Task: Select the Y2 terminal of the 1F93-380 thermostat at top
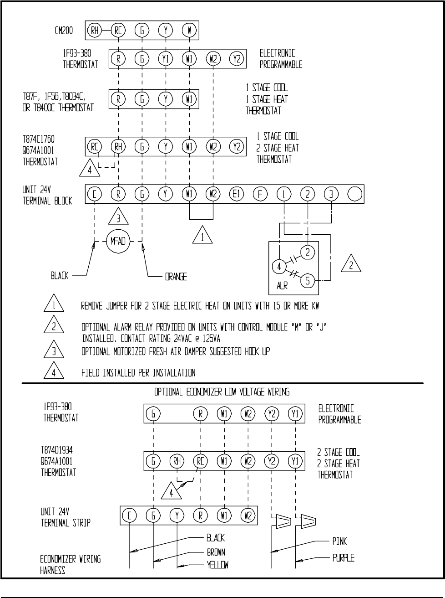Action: [236, 58]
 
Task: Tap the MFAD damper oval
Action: [118, 241]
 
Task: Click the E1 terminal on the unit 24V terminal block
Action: [236, 194]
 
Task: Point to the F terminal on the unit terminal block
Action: [260, 194]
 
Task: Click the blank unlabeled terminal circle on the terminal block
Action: [355, 194]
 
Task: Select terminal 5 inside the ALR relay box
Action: [307, 280]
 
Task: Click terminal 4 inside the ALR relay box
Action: [278, 267]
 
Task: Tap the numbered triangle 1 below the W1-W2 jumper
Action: [202, 236]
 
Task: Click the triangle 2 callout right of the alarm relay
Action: [350, 264]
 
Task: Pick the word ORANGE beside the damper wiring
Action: [176, 276]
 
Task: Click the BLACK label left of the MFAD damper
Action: [60, 276]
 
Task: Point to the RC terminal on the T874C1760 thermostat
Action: [94, 146]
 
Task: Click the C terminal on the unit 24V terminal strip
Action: [130, 516]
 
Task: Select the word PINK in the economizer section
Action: [339, 541]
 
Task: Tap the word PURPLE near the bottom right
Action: [343, 557]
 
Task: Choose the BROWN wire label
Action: [216, 552]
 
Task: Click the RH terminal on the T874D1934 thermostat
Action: [177, 461]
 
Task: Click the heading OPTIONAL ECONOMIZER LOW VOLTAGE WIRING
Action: [222, 392]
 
